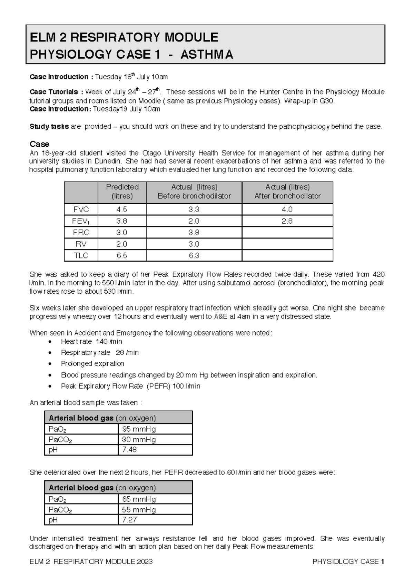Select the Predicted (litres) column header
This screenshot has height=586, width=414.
122,192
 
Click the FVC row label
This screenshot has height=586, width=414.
81,209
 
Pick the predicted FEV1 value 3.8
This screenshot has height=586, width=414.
122,221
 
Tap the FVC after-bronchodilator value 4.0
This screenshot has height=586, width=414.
287,209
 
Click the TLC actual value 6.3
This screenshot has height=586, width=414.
194,256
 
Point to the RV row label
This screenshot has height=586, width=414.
81,244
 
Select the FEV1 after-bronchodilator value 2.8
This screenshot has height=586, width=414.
287,221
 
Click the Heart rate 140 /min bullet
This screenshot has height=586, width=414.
91,341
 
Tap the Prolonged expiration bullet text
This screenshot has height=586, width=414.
92,363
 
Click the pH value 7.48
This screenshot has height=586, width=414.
129,450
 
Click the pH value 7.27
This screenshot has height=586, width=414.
129,520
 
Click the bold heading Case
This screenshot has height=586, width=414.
39,144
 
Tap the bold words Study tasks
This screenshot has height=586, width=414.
49,127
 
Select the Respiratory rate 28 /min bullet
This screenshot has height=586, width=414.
100,352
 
